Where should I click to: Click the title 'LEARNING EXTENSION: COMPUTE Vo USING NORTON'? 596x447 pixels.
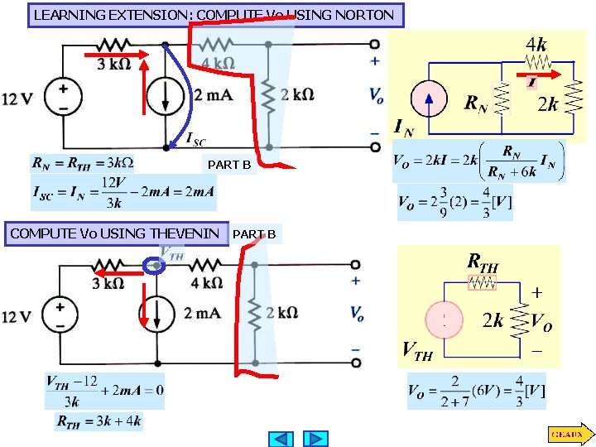(215, 15)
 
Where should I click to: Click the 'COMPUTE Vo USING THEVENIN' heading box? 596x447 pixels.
(115, 233)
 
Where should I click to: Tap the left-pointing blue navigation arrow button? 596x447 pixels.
(281, 438)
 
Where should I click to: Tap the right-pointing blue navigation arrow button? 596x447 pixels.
(315, 438)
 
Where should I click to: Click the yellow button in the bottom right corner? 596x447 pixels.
(568, 434)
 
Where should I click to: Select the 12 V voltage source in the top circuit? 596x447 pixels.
(63, 97)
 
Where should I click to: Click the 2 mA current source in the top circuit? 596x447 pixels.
(166, 97)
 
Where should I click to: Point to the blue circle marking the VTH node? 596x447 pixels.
(154, 266)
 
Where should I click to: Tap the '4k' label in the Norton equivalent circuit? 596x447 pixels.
(536, 42)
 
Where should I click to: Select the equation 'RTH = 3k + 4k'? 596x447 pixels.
(99, 421)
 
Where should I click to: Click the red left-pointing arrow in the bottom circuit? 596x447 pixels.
(113, 270)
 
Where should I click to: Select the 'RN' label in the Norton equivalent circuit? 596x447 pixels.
(475, 103)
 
